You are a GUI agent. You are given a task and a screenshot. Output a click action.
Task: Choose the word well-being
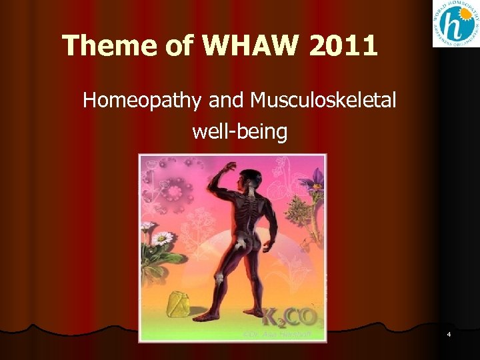click(239, 131)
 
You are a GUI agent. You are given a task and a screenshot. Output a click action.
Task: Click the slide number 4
click(449, 333)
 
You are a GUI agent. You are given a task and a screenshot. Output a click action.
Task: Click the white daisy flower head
click(162, 238)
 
